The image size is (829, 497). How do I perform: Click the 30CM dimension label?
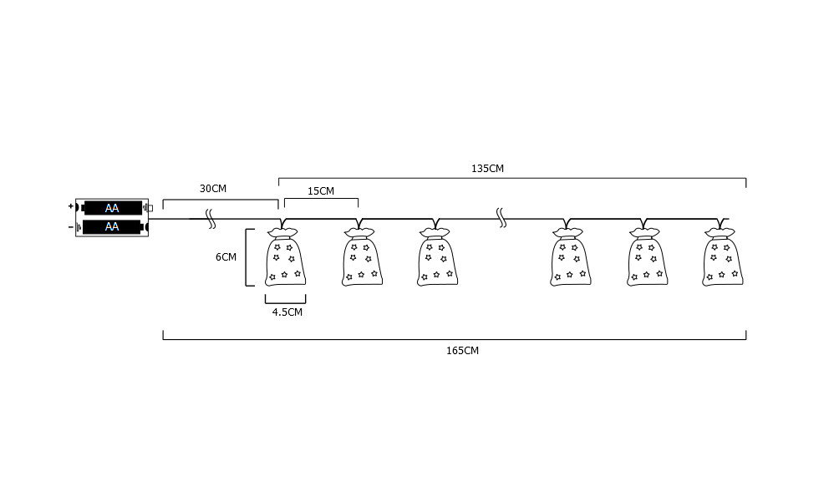[212, 189]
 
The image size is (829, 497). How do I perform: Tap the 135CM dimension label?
[487, 168]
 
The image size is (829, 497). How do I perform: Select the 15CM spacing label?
[320, 191]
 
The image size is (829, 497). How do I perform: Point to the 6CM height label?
[226, 257]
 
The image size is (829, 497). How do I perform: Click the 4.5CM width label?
[287, 312]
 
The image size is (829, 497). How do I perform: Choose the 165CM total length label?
[463, 351]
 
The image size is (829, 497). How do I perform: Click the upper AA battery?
[112, 209]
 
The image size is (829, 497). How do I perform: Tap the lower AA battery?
[112, 226]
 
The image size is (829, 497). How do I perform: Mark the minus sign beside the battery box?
[70, 226]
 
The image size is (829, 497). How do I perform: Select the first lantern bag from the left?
[284, 259]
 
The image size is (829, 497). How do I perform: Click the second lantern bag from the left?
[362, 259]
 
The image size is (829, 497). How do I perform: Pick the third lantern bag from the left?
[437, 259]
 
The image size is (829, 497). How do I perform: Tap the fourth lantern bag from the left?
[572, 259]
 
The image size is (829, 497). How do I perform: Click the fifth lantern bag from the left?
[648, 259]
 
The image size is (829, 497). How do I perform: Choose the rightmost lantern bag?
[723, 259]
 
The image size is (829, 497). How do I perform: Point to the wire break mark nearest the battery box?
[211, 220]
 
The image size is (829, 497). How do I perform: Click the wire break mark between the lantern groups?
[501, 219]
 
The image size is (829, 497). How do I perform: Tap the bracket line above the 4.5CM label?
[285, 299]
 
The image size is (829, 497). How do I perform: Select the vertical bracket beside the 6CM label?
[247, 257]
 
